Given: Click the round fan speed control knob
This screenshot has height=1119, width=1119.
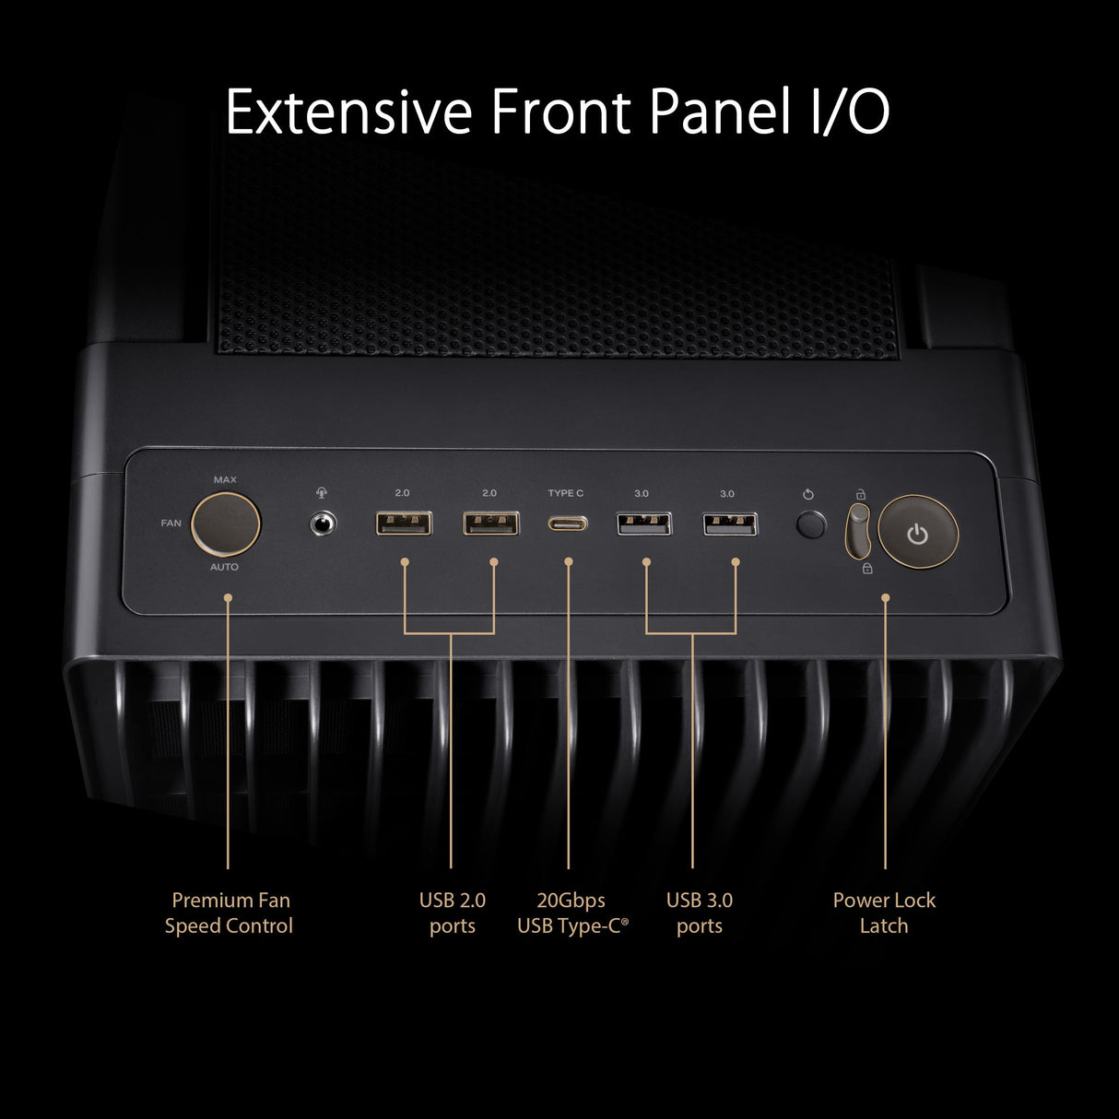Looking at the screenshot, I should [x=225, y=524].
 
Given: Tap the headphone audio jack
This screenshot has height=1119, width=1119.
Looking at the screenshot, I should [x=321, y=524].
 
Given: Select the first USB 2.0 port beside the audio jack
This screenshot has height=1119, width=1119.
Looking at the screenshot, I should [x=404, y=524].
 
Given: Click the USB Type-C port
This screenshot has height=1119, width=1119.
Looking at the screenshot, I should [x=566, y=524].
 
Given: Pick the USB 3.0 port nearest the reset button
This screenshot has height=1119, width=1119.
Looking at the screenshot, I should [x=730, y=524].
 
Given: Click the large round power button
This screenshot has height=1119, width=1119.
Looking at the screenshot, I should [x=918, y=534].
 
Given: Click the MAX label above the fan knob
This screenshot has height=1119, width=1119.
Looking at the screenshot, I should [x=225, y=480].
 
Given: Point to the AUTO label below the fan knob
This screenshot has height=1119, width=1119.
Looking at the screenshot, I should [x=224, y=567].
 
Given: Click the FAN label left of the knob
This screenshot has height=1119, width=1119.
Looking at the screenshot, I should [x=171, y=524].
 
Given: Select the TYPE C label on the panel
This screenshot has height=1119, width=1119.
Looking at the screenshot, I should [x=566, y=494].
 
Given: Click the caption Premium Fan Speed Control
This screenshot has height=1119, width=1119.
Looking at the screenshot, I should [x=230, y=913].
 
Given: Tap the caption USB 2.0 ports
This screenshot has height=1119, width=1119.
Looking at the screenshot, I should [x=452, y=913].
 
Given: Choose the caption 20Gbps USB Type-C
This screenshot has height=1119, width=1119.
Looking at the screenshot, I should [x=571, y=913].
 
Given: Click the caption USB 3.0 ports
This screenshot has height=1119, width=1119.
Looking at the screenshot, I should [x=699, y=913].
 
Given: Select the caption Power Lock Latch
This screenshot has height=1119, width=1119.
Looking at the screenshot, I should [x=884, y=913].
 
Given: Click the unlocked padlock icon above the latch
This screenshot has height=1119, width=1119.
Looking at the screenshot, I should [x=861, y=494].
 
